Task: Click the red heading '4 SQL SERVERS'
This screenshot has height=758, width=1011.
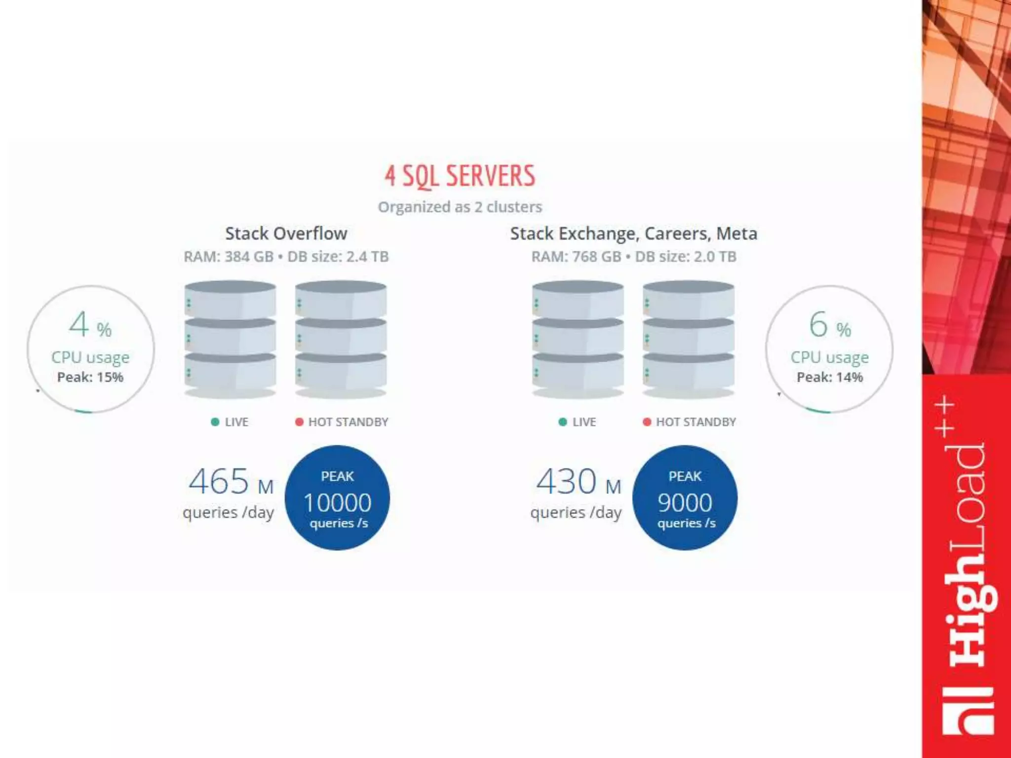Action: [460, 176]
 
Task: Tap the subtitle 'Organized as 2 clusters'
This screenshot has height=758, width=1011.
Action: [460, 207]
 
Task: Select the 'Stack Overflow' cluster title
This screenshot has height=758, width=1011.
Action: [286, 233]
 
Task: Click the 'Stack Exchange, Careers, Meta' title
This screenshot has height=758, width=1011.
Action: [633, 233]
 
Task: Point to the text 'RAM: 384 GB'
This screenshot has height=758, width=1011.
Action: [228, 257]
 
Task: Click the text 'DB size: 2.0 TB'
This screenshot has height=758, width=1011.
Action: [686, 257]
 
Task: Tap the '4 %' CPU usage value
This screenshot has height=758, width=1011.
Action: [90, 325]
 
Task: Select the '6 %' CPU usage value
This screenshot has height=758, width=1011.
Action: [829, 325]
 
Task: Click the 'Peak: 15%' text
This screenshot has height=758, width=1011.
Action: [90, 378]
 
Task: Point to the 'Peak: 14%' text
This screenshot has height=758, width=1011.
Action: [829, 378]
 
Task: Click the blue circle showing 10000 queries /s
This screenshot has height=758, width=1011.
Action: [338, 497]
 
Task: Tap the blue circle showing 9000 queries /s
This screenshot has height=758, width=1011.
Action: [685, 497]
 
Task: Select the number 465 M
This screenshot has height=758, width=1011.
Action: [231, 482]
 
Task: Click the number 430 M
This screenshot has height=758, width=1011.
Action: [578, 482]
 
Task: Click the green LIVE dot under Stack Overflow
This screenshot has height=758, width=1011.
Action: [215, 422]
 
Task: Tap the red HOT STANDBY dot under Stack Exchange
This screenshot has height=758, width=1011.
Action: [647, 422]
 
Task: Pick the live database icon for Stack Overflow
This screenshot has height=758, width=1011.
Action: [230, 339]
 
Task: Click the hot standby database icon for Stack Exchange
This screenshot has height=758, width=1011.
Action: [688, 339]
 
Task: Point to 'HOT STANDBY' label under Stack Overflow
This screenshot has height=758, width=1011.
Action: [348, 422]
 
